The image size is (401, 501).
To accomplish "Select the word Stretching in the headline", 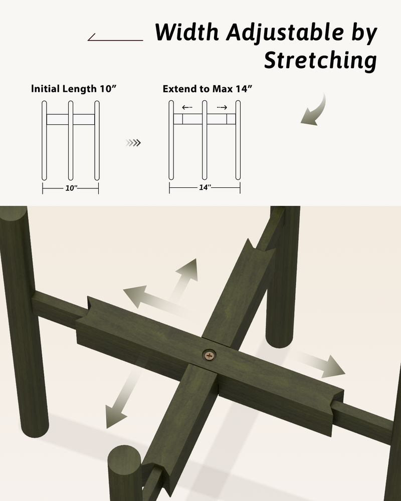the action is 320,60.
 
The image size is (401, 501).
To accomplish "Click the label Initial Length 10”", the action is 74,89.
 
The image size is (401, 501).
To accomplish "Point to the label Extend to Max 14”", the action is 207,89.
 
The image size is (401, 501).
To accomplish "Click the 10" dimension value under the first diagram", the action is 71,188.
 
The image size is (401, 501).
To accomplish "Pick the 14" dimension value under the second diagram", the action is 205,187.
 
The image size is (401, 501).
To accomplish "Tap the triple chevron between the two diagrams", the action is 133,142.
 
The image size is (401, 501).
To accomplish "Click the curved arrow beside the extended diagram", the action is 318,112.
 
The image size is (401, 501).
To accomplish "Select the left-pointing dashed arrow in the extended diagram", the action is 187,107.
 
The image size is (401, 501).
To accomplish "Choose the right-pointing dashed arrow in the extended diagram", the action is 222,107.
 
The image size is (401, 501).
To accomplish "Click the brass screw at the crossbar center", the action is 209,355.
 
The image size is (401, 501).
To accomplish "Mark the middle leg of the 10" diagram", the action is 71,141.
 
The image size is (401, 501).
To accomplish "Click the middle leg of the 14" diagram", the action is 205,140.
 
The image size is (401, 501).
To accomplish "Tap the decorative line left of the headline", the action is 115,37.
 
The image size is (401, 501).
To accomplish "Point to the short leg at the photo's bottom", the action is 124,474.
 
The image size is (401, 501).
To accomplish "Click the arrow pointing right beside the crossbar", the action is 320,364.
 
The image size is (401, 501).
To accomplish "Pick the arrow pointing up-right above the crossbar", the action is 185,278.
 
